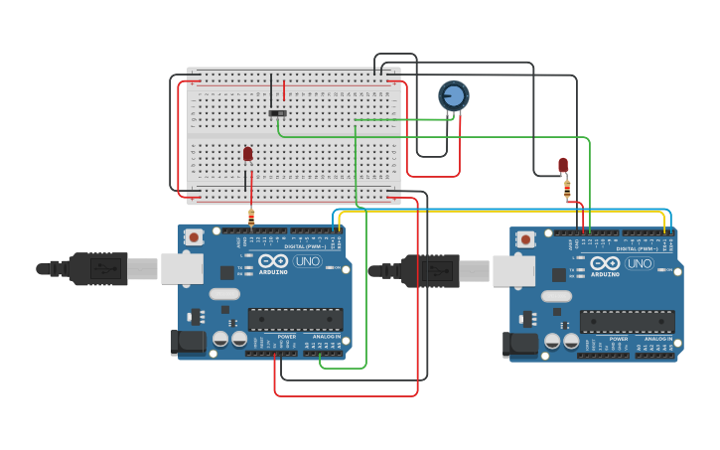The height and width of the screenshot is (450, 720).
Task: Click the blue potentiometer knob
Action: (454, 95)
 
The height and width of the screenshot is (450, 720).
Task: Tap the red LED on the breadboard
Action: (247, 154)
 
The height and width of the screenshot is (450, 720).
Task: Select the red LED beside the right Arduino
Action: (563, 165)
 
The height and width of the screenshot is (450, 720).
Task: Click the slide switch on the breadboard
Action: (277, 113)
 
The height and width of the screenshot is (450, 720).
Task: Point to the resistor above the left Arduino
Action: (251, 217)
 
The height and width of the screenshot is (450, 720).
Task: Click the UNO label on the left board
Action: (307, 261)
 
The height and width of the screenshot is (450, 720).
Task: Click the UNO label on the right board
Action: (639, 264)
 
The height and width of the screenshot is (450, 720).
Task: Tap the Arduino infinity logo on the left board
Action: (273, 261)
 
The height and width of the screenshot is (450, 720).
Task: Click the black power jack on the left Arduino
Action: (187, 342)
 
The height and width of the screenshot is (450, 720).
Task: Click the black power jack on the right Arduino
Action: (519, 345)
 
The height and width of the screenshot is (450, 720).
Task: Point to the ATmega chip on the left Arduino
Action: (295, 319)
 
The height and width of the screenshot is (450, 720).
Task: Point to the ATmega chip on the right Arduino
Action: (627, 322)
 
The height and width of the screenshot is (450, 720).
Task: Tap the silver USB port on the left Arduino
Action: (182, 268)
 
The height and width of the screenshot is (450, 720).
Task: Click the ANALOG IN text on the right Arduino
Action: (658, 340)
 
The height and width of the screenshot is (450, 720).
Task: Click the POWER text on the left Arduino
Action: (286, 337)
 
